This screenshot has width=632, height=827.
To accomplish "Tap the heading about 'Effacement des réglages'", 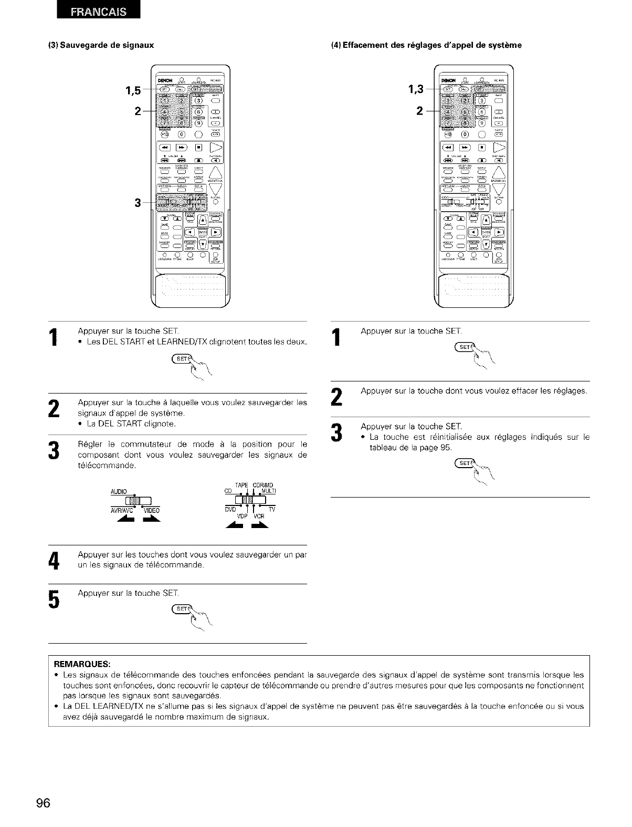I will tap(426, 45).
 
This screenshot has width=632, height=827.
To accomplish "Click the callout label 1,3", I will tap(414, 89).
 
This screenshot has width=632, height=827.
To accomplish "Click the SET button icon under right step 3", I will tap(465, 463).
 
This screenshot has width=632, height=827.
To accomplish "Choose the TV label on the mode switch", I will tap(272, 510).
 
